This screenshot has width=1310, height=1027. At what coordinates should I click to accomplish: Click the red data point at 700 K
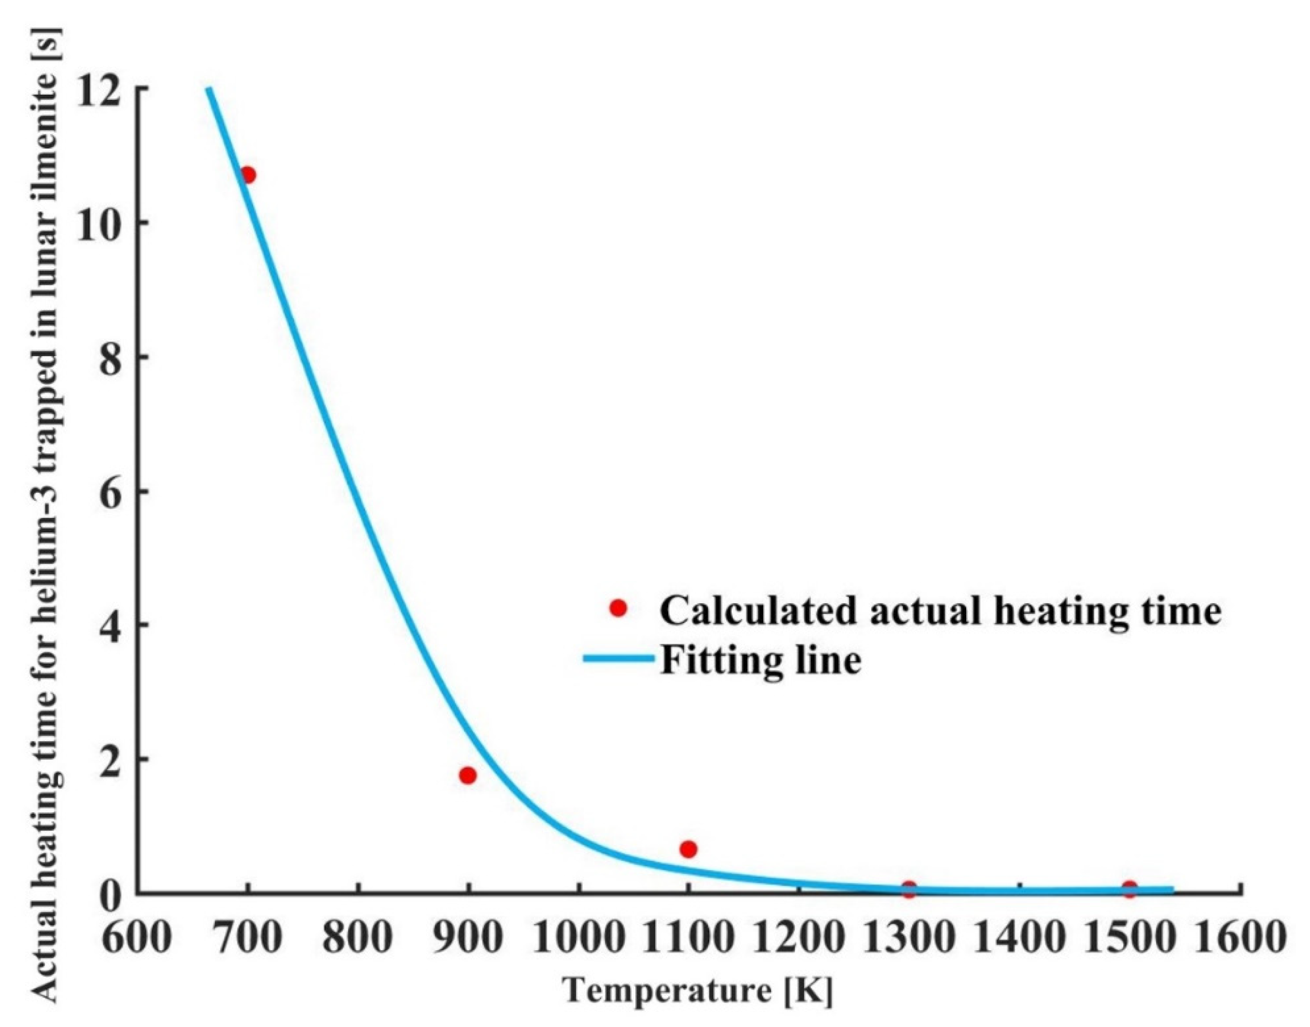coord(247,175)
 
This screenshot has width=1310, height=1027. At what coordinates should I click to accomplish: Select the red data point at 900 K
coord(467,775)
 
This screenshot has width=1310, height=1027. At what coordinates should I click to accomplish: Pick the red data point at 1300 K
coord(909,889)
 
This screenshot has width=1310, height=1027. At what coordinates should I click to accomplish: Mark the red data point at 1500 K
coord(1129,889)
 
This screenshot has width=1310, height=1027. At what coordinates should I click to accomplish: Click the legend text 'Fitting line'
coord(761,660)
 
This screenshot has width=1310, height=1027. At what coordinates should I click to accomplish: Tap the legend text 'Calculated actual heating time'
coord(941,611)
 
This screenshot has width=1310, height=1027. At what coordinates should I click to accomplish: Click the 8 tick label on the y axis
coord(111,357)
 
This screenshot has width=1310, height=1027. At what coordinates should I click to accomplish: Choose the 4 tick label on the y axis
coord(111,625)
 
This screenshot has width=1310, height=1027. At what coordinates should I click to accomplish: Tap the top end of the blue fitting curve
coord(209,89)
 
